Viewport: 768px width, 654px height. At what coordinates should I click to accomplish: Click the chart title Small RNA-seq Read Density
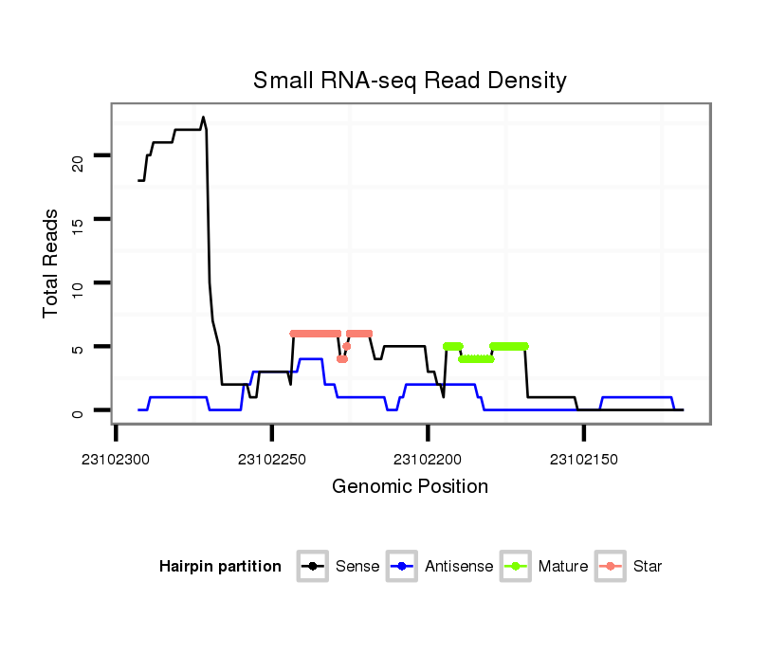coord(410,81)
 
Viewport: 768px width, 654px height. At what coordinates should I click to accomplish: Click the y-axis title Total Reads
coord(51,263)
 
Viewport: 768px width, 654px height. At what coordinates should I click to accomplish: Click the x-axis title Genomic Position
coord(410,487)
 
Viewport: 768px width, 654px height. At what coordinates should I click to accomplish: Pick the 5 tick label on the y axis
coord(79,348)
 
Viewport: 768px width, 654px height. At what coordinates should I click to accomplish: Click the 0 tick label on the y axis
coord(79,411)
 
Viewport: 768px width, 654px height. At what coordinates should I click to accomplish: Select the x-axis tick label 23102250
coord(272,460)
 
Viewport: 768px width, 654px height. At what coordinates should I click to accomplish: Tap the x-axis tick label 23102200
coord(428,460)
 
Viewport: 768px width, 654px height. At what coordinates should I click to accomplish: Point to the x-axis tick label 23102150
coord(583,460)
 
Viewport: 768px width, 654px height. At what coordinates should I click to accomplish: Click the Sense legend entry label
coord(357,567)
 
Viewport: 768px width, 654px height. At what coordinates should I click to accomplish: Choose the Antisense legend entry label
coord(459,567)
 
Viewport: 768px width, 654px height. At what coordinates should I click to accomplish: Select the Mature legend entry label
coord(563,567)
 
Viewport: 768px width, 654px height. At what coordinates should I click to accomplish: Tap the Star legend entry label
coord(648,567)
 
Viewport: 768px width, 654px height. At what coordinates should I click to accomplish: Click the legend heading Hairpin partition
coord(220,567)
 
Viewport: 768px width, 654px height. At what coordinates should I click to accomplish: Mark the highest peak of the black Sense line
coord(203,118)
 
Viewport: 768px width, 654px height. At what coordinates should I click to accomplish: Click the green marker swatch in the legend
coord(518,567)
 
